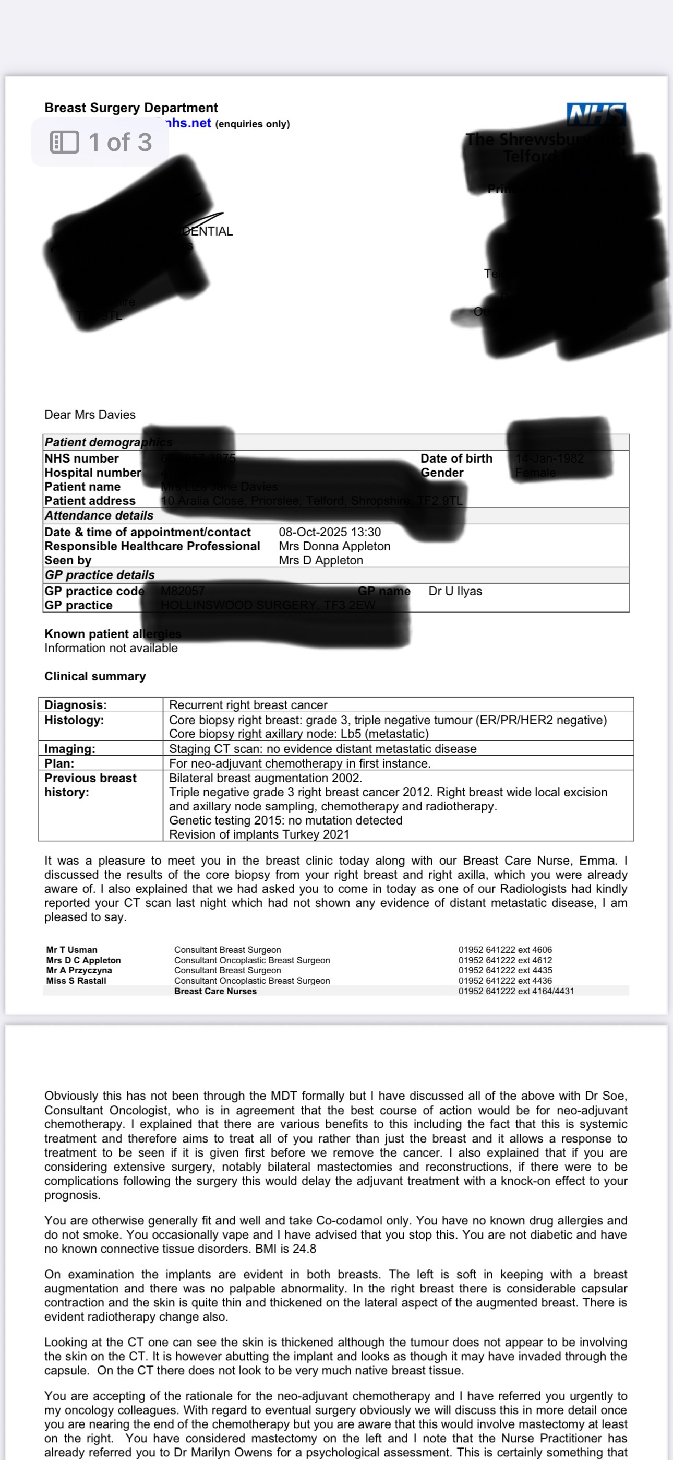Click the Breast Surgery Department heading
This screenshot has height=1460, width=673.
point(131,108)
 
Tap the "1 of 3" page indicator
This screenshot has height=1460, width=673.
point(119,142)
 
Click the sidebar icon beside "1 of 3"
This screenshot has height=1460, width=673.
point(65,142)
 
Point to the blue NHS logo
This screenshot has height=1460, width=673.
point(596,114)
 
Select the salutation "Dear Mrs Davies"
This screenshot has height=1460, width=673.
point(90,414)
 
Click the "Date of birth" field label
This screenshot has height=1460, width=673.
point(456,458)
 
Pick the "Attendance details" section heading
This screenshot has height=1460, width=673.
point(99,515)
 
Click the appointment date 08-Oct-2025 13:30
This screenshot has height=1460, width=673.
point(330,532)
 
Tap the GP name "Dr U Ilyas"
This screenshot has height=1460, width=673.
point(455,591)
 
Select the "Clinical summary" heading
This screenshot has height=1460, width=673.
point(95,676)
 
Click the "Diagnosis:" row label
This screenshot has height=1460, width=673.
point(75,705)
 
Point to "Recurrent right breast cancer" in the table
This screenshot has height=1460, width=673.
point(248,705)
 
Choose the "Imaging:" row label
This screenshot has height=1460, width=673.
point(70,749)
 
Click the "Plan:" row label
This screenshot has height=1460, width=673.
point(59,763)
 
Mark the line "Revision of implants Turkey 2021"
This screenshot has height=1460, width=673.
point(259,834)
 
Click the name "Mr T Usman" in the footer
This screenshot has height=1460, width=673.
point(71,950)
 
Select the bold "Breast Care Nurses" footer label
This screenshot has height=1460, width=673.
point(215,991)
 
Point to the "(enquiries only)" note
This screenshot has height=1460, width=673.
point(252,124)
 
